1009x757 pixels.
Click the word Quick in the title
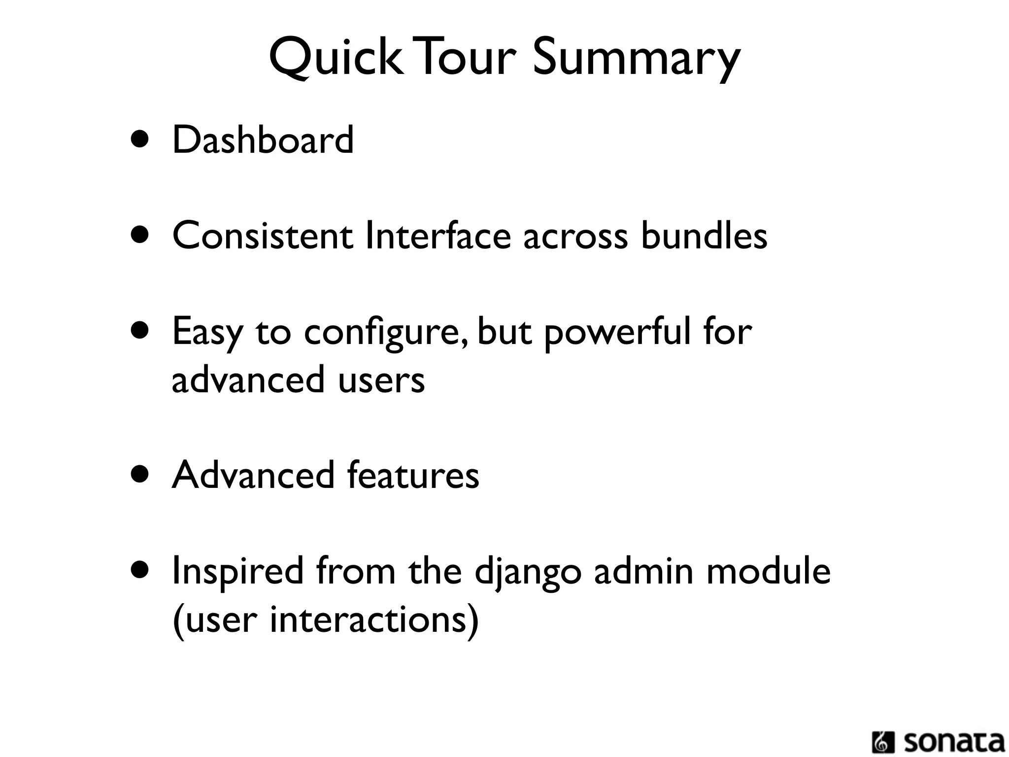335,58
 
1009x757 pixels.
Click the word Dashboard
263,140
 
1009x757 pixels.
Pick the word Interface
438,236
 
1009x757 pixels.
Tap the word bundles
704,236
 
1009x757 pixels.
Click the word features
413,475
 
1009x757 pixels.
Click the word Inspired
237,572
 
